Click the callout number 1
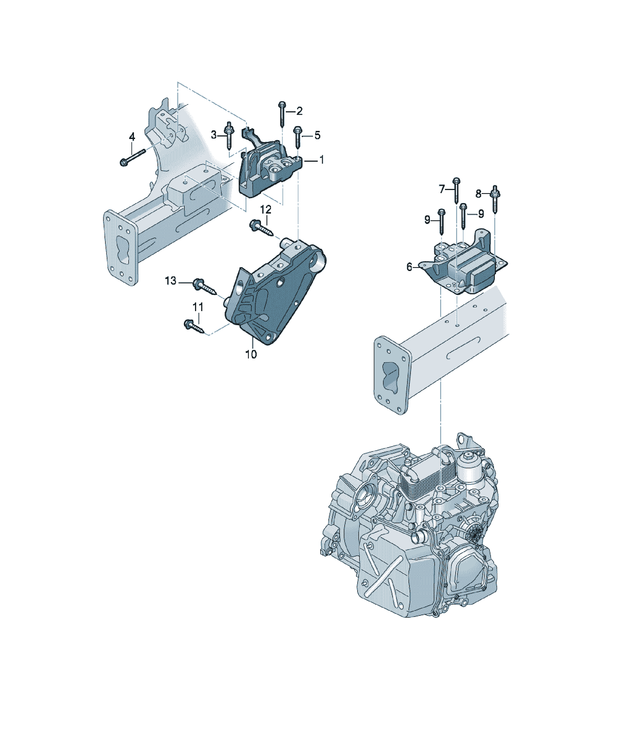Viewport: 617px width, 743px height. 322,160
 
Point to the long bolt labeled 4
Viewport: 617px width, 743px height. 133,158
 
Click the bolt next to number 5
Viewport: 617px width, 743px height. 298,137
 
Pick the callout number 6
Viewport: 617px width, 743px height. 409,267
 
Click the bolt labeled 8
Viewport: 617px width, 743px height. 495,200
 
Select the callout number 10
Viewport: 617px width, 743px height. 251,354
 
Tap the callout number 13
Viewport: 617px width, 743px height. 171,281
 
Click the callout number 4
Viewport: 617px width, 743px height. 132,137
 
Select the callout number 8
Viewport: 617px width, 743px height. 478,194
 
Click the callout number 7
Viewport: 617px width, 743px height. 442,190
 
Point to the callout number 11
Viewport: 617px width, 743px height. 198,307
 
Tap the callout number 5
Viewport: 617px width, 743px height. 317,135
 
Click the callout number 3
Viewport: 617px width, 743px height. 214,135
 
